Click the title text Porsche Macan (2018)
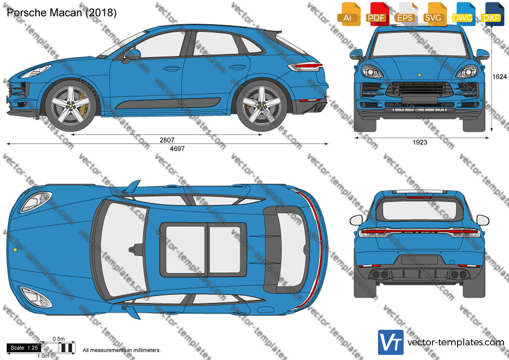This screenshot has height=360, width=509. [x=61, y=13]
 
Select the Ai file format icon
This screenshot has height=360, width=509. [x=349, y=14]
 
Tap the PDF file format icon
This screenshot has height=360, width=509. [x=377, y=14]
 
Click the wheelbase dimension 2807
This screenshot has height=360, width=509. [x=167, y=140]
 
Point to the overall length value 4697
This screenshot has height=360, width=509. [x=177, y=148]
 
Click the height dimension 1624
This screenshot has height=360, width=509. [x=499, y=77]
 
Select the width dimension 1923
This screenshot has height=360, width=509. [x=420, y=142]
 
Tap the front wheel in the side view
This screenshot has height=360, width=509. [x=71, y=105]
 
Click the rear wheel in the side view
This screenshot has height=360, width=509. [x=261, y=105]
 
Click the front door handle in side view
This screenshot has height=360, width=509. [x=172, y=69]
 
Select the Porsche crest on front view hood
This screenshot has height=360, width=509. [x=419, y=75]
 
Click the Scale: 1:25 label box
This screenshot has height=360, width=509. [x=24, y=348]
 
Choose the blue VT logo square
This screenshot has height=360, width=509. [x=391, y=342]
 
